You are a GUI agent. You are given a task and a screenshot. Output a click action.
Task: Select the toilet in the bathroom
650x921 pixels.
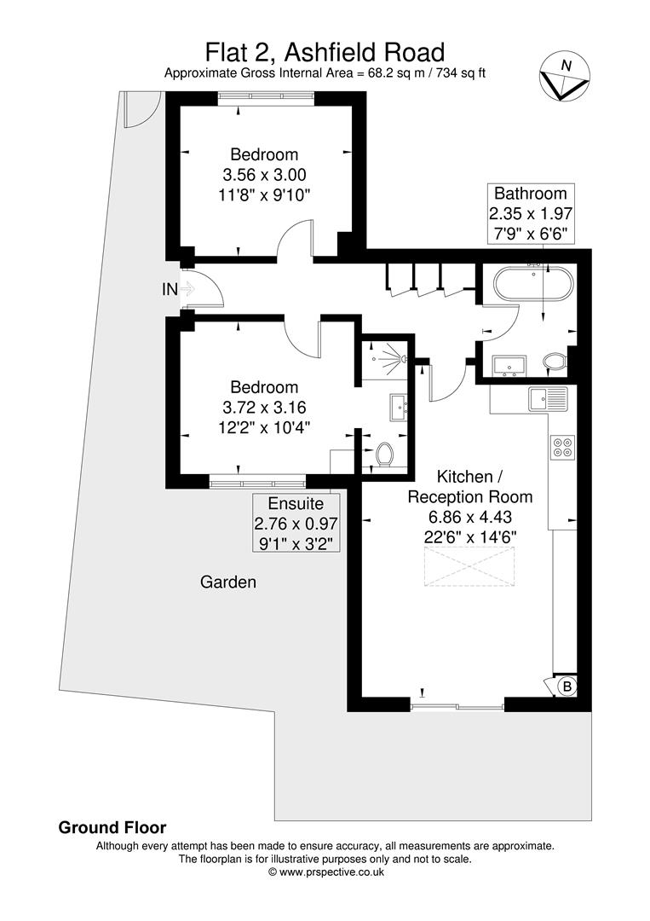point(555,363)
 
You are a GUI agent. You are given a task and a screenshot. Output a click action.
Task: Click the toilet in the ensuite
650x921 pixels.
point(384,454)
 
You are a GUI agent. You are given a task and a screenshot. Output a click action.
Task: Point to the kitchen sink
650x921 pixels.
point(547,399)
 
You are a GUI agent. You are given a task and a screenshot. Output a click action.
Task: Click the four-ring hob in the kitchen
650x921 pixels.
point(562,447)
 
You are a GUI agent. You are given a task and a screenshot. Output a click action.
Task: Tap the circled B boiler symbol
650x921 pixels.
point(566,686)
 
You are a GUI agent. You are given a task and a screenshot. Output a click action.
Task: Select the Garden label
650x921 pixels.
point(227,582)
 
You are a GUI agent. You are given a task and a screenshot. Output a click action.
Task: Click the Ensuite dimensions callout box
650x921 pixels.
point(296,522)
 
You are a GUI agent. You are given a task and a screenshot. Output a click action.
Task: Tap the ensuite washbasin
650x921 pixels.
point(399,407)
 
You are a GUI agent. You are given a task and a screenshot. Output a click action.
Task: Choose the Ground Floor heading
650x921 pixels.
point(112,827)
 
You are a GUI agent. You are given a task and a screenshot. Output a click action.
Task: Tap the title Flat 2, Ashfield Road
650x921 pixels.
point(325,53)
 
